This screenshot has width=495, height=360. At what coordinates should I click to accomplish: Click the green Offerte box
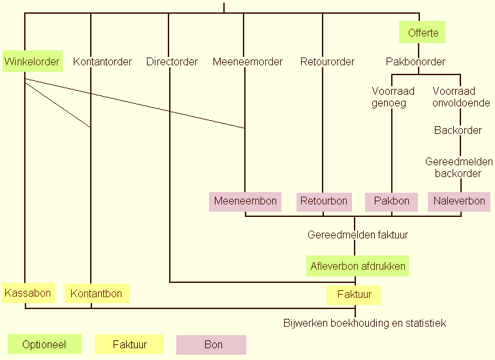[x=423, y=32]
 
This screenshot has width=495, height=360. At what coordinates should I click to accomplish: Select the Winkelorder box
[x=32, y=62]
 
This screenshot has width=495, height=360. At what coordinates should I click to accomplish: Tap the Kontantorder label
[x=103, y=62]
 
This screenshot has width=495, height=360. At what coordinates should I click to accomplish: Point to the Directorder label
[x=172, y=62]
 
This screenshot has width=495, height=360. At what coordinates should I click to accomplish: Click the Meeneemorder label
[x=248, y=62]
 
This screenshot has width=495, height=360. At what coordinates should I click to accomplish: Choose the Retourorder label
[x=327, y=62]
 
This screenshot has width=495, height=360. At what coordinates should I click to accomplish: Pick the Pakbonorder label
[x=415, y=62]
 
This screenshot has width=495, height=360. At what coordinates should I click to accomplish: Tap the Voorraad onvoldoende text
[x=461, y=97]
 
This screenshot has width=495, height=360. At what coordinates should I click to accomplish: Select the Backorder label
[x=458, y=130]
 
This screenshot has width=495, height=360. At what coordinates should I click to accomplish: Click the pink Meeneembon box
[x=246, y=201]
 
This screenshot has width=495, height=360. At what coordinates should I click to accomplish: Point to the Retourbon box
[x=324, y=201]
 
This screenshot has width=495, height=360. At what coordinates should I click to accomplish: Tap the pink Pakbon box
[x=391, y=201]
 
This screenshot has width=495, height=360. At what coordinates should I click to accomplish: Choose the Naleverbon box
[x=459, y=201]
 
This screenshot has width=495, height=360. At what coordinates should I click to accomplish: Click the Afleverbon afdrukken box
[x=358, y=266]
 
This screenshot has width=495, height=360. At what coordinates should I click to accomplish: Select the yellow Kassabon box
[x=27, y=293]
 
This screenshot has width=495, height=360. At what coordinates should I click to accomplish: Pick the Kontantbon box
[x=97, y=293]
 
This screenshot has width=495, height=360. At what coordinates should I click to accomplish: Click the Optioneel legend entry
[x=44, y=344]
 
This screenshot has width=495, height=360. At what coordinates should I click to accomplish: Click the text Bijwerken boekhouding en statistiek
[x=364, y=323]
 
